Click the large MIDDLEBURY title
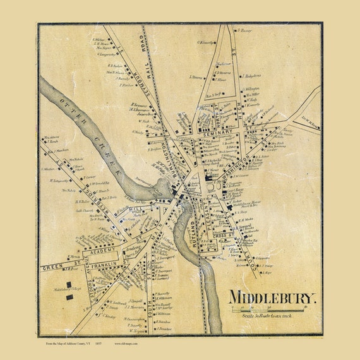tap(272, 297)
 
